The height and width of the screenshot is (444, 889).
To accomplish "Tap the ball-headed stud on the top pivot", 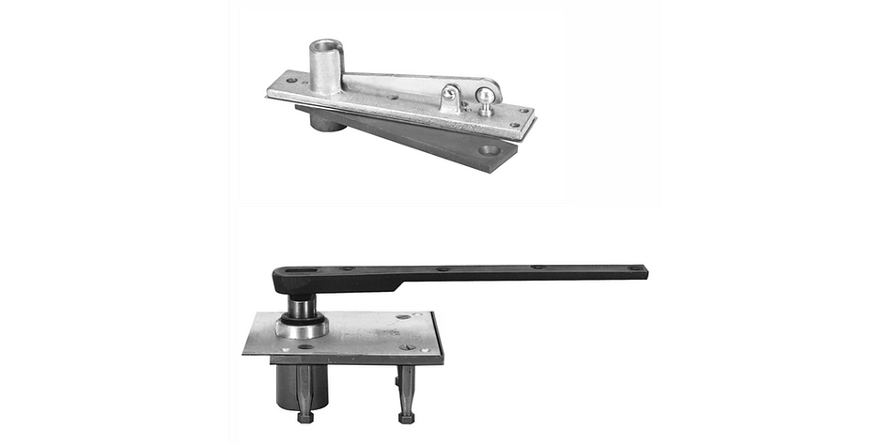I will [484, 96].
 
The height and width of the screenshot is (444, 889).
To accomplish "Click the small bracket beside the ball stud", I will [452, 98].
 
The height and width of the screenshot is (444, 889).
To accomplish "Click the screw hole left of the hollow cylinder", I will [289, 81].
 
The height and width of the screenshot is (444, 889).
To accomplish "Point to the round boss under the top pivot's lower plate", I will [323, 120].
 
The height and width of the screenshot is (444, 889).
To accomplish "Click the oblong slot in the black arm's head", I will [298, 273].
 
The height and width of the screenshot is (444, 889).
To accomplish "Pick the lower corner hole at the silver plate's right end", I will [513, 124].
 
